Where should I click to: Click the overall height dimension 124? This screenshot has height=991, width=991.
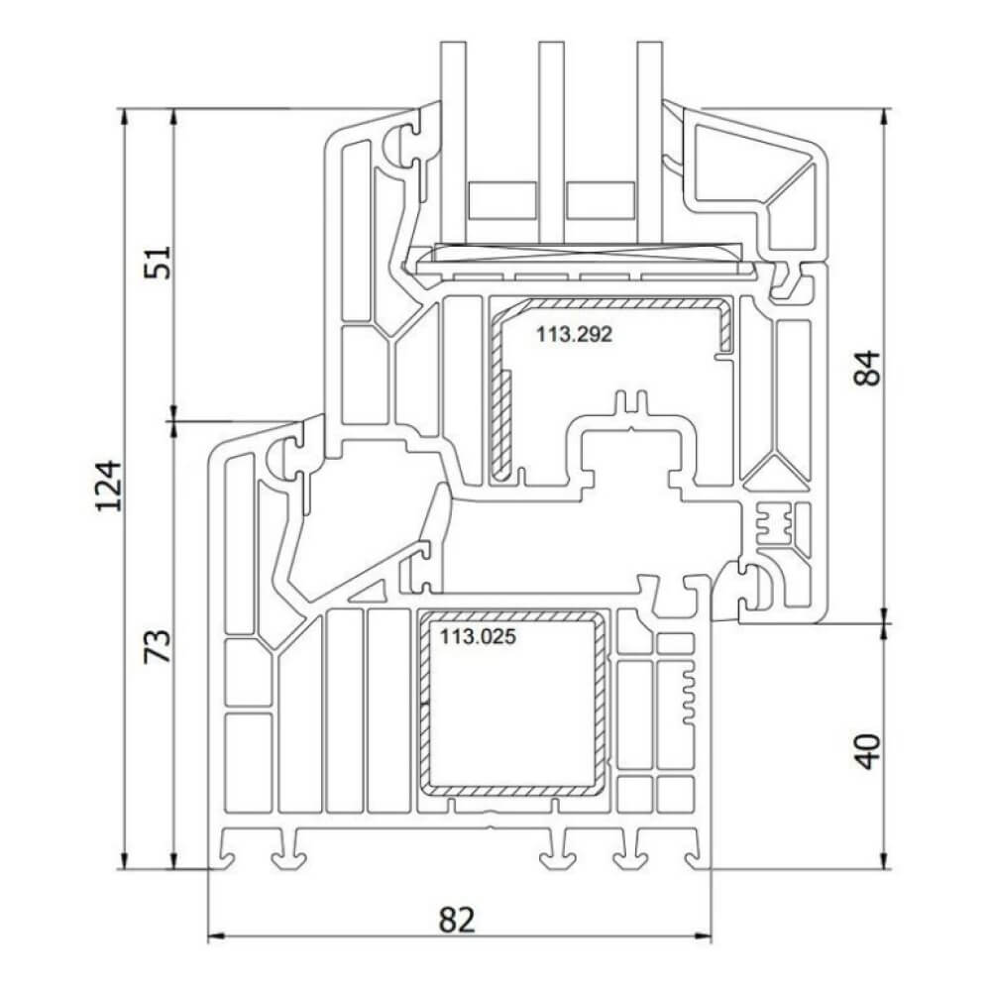[111, 486]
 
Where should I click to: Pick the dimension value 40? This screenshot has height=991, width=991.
[867, 750]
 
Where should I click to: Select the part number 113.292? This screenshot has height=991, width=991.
[575, 335]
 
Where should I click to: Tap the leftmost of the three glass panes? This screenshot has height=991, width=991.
[454, 139]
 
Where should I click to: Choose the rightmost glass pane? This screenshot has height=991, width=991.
[648, 139]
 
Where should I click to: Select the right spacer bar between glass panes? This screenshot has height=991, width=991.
[600, 202]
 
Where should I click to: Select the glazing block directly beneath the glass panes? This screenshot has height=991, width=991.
[585, 262]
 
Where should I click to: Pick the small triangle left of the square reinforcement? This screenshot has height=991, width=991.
[370, 595]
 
